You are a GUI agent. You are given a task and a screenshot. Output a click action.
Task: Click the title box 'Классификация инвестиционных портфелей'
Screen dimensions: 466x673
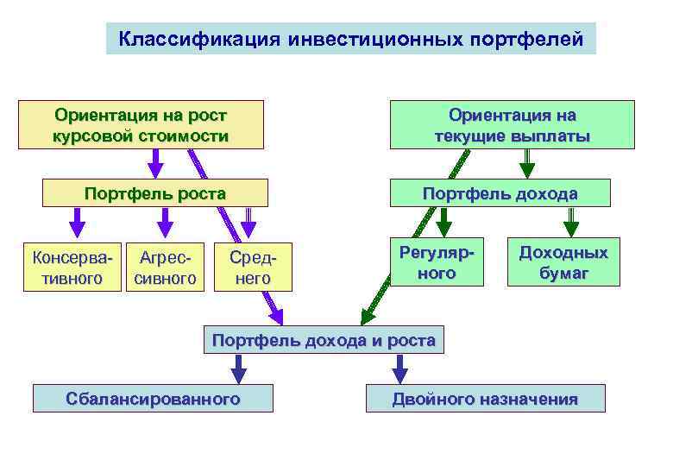click(x=350, y=39)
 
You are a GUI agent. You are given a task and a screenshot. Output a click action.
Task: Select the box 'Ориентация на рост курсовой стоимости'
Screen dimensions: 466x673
click(x=142, y=125)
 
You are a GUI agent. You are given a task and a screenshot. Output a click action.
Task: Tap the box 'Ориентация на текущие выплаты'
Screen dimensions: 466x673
click(x=513, y=125)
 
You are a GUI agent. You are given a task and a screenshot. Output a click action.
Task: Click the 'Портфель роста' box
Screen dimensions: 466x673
click(x=155, y=193)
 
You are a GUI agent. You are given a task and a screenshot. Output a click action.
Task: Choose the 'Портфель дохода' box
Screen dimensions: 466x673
click(x=500, y=193)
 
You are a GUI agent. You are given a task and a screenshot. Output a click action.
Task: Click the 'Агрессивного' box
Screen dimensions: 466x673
click(x=166, y=268)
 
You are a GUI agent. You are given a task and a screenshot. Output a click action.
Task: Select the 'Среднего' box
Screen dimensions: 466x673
click(x=253, y=268)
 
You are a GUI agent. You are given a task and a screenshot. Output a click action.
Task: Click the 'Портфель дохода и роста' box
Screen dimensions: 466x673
click(x=324, y=340)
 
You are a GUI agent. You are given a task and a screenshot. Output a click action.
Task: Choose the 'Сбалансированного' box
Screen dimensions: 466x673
click(x=153, y=399)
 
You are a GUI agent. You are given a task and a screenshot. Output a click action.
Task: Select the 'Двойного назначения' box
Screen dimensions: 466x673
click(x=485, y=399)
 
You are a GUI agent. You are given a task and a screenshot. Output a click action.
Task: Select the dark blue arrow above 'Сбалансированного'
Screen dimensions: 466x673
click(x=239, y=368)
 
